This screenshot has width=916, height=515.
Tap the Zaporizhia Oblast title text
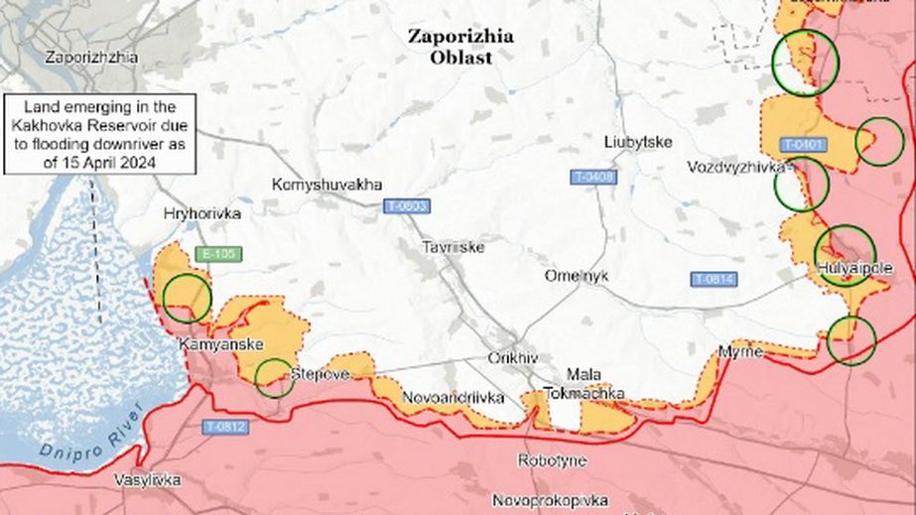461,46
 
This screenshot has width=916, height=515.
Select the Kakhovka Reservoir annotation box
99,135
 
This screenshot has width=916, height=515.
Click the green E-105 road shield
217,254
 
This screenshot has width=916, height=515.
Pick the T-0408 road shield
593,177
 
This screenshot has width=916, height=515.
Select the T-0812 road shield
225,428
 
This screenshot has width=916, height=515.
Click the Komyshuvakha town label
327,185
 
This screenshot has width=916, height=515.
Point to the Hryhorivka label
202,213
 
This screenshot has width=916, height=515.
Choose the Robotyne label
552,460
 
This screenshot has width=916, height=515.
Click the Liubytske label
638,142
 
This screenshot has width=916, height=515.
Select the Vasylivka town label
147,480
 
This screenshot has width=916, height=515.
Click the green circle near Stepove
275,377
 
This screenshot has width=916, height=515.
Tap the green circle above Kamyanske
187,298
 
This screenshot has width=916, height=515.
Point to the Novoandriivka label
453,398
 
